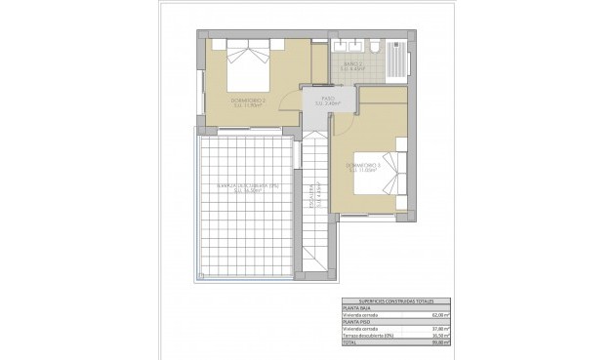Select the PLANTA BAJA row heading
[358, 308]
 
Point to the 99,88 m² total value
[439, 341]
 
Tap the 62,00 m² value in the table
[439, 315]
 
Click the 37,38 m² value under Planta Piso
[439, 328]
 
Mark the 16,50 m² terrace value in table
[439, 335]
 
